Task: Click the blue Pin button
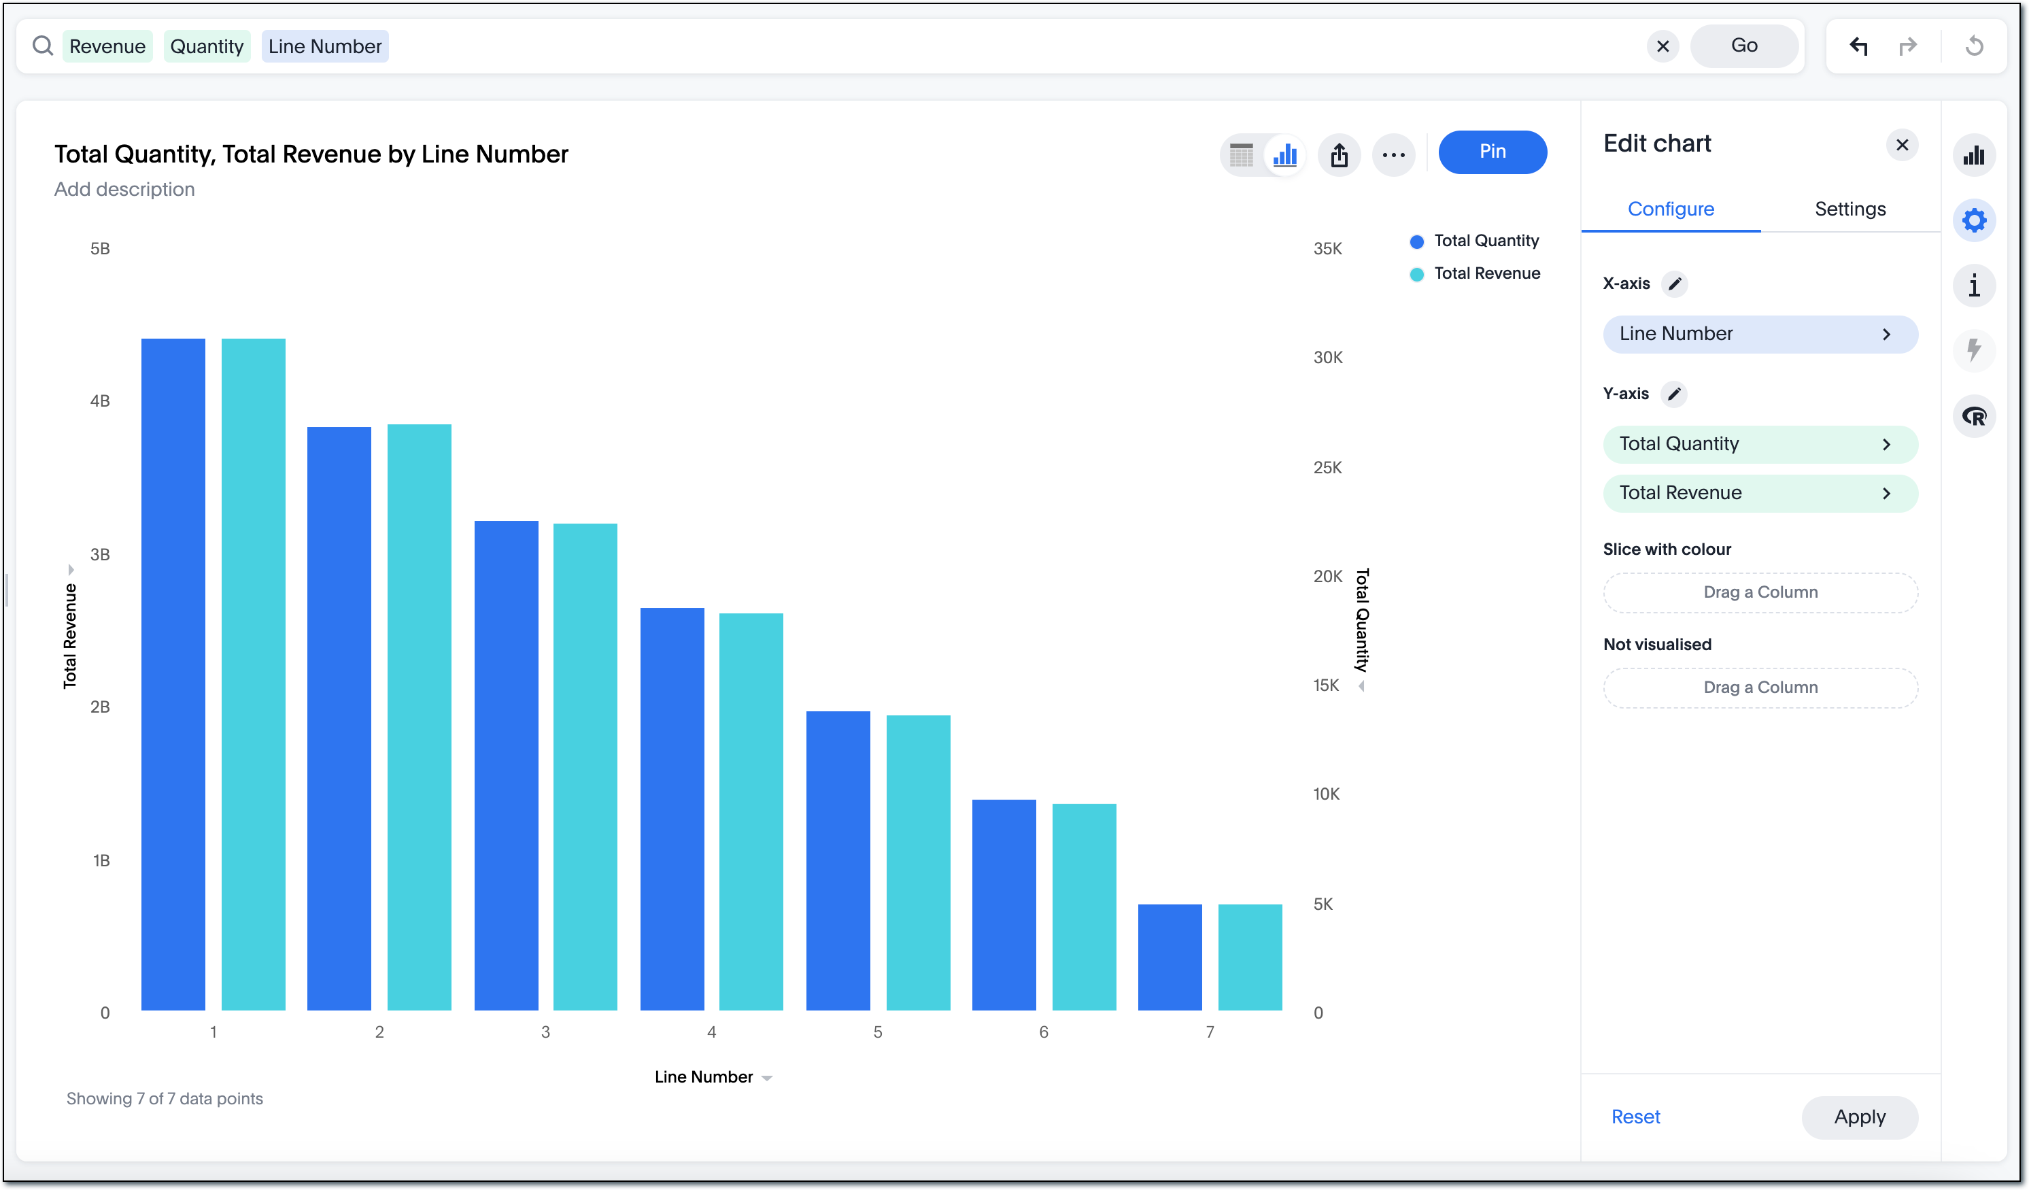pyautogui.click(x=1492, y=152)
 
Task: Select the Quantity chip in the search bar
pyautogui.click(x=207, y=46)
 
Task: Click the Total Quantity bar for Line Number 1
pyautogui.click(x=173, y=674)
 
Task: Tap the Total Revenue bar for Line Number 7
pyautogui.click(x=1250, y=957)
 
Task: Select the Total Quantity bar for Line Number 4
pyautogui.click(x=672, y=809)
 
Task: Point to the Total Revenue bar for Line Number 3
pyautogui.click(x=585, y=766)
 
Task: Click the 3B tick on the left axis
pyautogui.click(x=100, y=554)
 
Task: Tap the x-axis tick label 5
pyautogui.click(x=878, y=1032)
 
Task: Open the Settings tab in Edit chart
pyautogui.click(x=1849, y=209)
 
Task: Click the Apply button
pyautogui.click(x=1859, y=1117)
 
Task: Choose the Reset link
pyautogui.click(x=1635, y=1117)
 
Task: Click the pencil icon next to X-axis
pyautogui.click(x=1675, y=284)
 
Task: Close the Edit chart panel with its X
pyautogui.click(x=1902, y=145)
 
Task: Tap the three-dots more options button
pyautogui.click(x=1393, y=154)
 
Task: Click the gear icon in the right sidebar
pyautogui.click(x=1973, y=220)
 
